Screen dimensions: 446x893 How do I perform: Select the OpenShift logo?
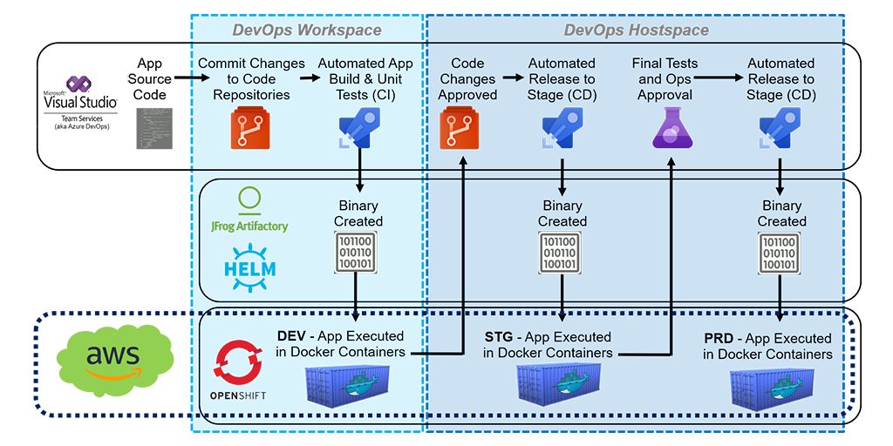click(237, 370)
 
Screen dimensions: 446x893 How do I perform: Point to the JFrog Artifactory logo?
click(249, 210)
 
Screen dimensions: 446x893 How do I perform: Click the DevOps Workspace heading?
click(306, 30)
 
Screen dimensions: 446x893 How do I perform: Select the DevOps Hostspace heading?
click(636, 30)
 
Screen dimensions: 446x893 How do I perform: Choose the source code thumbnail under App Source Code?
click(150, 129)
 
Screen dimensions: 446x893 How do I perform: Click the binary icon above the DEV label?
click(358, 253)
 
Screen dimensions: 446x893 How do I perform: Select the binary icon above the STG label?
click(562, 253)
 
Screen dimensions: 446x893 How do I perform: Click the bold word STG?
click(499, 337)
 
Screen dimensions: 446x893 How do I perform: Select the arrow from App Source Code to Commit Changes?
click(184, 78)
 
